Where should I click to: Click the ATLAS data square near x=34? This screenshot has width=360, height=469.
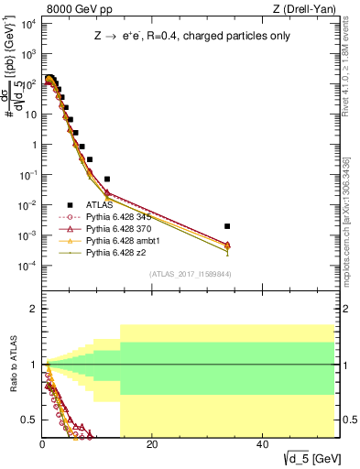click(227, 225)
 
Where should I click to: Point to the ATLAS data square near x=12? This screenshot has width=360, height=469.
click(107, 179)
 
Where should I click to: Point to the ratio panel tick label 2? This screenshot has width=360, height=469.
click(31, 309)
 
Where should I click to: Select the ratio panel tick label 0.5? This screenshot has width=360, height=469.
click(28, 420)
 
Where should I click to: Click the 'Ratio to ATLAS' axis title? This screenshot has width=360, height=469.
click(12, 365)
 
